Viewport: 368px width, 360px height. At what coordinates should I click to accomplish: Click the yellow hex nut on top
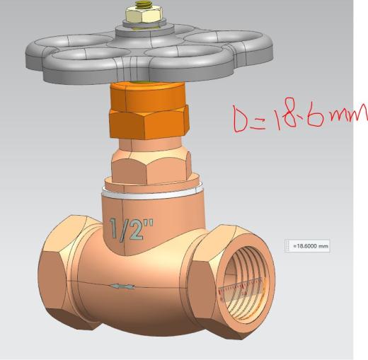click(144, 15)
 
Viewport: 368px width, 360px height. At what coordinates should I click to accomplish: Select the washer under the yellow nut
click(144, 24)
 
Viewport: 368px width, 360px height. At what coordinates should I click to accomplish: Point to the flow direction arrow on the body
click(123, 286)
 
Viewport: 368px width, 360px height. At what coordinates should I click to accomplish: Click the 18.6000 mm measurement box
click(307, 246)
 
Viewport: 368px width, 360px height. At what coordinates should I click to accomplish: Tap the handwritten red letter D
click(241, 119)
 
